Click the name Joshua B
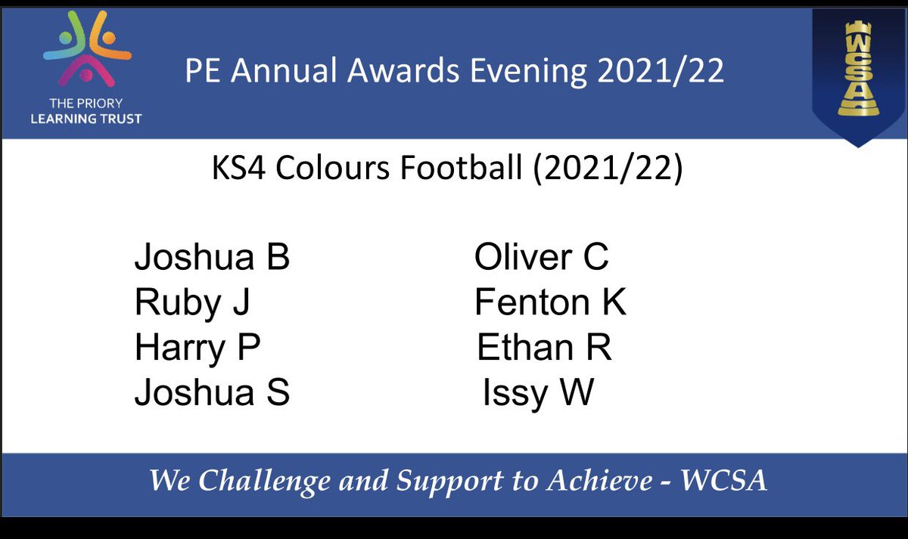[212, 259]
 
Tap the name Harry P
[197, 349]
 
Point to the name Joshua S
[212, 394]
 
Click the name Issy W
[538, 394]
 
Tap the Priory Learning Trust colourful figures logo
[87, 57]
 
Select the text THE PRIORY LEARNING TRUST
[91, 112]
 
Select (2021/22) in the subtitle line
[608, 169]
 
